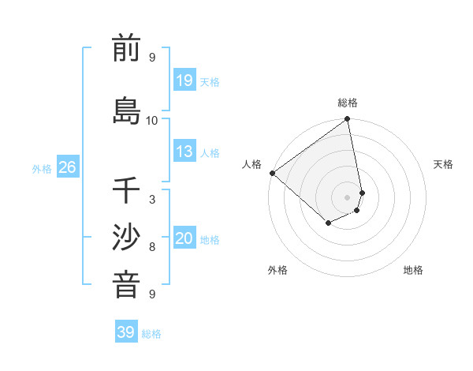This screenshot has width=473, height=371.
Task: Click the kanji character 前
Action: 126,50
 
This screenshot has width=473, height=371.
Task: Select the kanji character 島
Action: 126,110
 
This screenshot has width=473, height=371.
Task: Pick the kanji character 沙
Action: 126,238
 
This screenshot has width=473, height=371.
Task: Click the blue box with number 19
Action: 184,81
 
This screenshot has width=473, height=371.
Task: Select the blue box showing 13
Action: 184,152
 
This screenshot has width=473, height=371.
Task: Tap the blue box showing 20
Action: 184,238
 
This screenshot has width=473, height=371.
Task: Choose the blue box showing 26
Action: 67,167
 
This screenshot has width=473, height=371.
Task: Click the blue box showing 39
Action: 126,332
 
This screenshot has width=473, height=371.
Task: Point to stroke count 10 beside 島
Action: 152,120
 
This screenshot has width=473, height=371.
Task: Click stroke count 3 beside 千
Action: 152,200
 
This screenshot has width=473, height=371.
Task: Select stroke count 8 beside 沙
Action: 152,247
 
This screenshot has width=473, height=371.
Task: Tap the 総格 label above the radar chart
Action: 348,103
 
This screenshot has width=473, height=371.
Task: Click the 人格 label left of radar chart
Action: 252,164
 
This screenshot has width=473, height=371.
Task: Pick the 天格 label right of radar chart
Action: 443,164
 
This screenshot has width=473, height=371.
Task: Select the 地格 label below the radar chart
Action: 413,270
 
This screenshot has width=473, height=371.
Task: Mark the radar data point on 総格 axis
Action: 348,120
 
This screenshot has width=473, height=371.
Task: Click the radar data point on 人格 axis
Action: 272,173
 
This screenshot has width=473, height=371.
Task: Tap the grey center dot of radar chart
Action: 348,197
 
